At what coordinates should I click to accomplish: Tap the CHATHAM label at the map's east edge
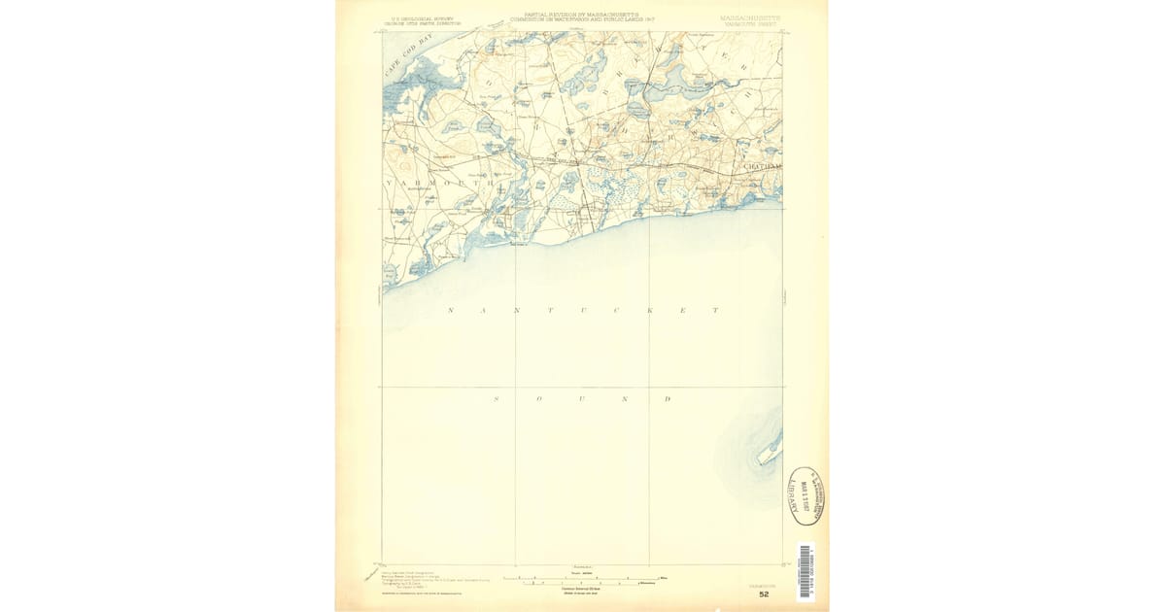pos(762,167)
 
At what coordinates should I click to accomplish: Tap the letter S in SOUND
pos(496,398)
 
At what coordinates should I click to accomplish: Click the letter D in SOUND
pos(669,398)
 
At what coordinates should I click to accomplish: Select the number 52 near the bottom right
pos(765,594)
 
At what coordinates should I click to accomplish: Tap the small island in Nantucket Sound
pos(770,448)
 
